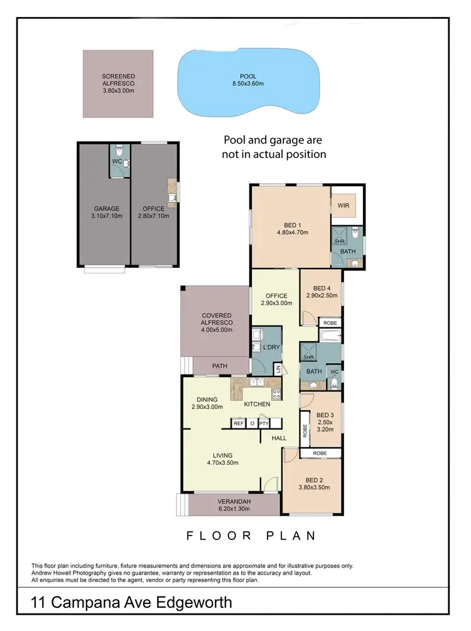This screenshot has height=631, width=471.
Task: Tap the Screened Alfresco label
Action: click(118, 78)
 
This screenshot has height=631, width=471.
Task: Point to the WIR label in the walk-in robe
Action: click(343, 204)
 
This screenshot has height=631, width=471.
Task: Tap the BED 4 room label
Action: click(322, 288)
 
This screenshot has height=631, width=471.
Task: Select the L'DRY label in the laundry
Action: click(271, 347)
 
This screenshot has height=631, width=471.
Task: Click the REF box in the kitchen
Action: click(239, 423)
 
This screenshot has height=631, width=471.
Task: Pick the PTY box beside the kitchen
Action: click(264, 423)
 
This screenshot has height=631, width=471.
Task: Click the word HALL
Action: click(279, 438)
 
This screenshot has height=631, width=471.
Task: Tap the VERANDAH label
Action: click(234, 501)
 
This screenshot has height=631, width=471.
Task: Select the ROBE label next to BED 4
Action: click(330, 323)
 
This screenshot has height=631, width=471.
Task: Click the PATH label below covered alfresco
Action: click(220, 366)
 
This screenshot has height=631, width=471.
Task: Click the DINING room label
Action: click(207, 400)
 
